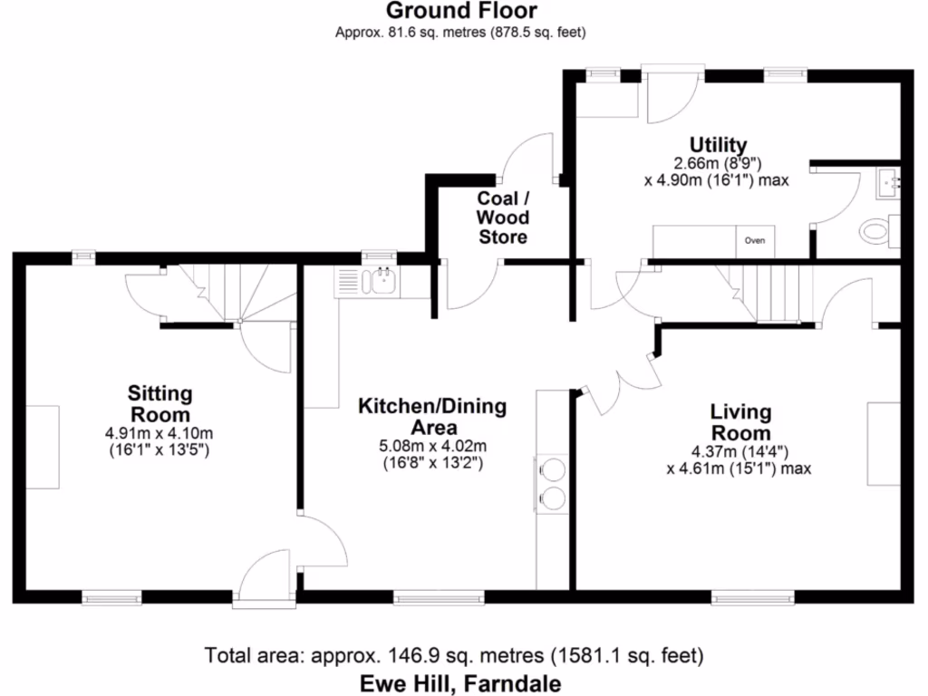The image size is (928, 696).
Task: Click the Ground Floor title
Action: [461, 12]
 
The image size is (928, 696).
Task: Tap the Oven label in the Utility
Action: [754, 241]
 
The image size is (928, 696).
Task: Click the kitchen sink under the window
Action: [381, 282]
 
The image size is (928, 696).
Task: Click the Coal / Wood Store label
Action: [503, 217]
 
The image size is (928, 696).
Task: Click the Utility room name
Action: [718, 145]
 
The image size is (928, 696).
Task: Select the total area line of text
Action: [455, 654]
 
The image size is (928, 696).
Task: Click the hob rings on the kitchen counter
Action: [552, 482]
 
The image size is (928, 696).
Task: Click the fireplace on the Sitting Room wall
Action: [42, 448]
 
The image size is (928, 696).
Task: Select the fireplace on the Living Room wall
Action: [884, 443]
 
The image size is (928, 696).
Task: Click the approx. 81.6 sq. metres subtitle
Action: [461, 33]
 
